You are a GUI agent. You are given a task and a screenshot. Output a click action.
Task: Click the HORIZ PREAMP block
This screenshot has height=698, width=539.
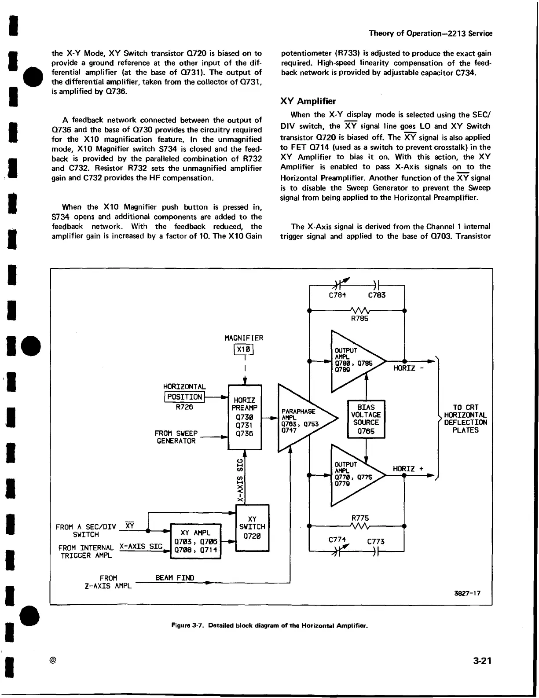point(245,417)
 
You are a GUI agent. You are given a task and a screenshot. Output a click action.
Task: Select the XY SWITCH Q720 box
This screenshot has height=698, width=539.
point(252,528)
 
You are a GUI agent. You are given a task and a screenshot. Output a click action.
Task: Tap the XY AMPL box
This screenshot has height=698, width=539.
point(195,541)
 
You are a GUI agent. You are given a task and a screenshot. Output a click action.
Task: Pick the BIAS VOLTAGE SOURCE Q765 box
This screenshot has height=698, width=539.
point(366,419)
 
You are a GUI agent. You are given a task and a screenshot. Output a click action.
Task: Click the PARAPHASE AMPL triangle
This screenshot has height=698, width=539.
point(302,418)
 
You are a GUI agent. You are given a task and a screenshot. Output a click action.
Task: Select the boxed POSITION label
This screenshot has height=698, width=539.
point(185,397)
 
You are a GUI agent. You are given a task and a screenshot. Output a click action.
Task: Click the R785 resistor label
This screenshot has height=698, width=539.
point(359,318)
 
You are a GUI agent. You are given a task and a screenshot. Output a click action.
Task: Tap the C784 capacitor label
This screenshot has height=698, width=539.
point(337,295)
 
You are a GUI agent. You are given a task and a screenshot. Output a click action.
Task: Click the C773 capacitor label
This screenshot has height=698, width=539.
point(376,541)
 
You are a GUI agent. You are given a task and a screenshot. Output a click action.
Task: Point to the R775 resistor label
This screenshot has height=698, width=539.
point(360,518)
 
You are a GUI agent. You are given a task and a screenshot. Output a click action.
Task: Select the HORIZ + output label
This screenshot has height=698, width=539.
point(408,469)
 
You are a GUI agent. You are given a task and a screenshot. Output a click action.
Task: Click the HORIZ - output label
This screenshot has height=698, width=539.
point(408,368)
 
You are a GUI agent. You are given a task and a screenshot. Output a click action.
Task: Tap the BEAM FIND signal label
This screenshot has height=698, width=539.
point(175,578)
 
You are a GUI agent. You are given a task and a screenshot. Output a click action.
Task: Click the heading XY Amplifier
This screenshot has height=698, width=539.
point(308,101)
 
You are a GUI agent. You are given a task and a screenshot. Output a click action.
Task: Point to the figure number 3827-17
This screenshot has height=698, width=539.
point(467,593)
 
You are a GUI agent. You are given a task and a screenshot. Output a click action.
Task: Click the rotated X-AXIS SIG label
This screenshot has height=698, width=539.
point(240,480)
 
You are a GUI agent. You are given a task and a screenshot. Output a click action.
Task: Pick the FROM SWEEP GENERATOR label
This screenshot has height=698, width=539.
point(176,437)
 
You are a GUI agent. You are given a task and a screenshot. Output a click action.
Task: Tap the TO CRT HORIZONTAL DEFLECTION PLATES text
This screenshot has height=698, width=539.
point(466,419)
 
